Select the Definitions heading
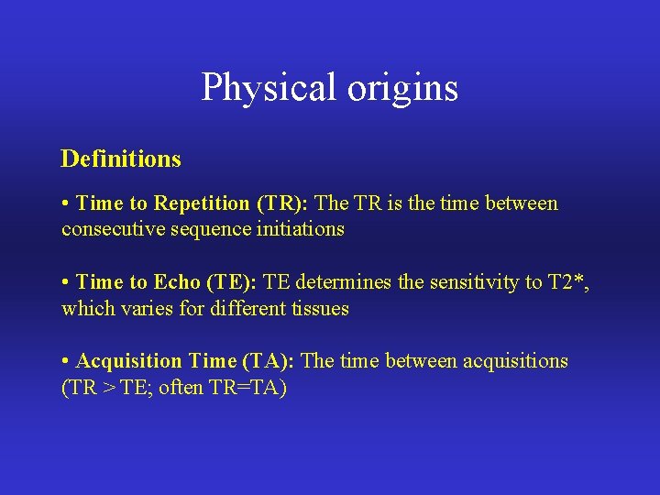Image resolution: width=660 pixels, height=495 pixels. pyautogui.click(x=121, y=159)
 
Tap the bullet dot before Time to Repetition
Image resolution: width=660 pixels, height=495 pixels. pyautogui.click(x=66, y=203)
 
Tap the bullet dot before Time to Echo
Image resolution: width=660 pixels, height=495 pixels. pyautogui.click(x=66, y=282)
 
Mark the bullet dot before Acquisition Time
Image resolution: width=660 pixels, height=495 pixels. pyautogui.click(x=66, y=361)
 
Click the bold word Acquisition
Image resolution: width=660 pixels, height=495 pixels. pyautogui.click(x=128, y=361)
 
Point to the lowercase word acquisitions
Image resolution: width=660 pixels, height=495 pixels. pyautogui.click(x=517, y=361)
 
